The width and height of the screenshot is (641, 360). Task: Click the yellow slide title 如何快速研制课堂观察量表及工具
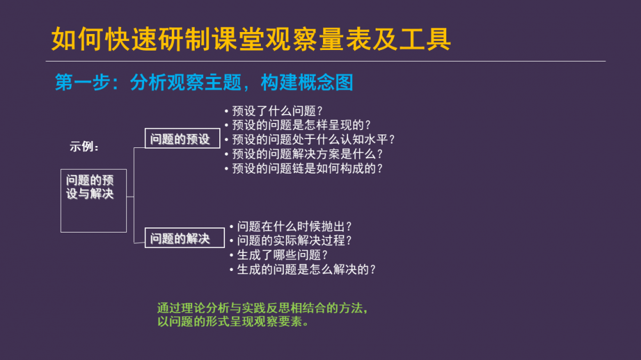(251, 39)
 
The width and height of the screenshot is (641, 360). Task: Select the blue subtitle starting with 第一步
(204, 83)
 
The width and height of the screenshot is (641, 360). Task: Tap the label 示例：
(84, 147)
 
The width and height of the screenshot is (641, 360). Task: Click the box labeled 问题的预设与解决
(94, 200)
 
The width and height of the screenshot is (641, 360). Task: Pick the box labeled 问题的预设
(182, 138)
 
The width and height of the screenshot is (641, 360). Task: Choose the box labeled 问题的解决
(185, 238)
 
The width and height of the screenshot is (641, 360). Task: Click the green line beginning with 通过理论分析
(262, 308)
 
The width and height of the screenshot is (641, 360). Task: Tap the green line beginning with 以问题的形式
(233, 322)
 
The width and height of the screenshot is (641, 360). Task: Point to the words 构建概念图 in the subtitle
(307, 83)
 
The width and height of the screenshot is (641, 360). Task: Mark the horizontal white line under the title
(326, 61)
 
